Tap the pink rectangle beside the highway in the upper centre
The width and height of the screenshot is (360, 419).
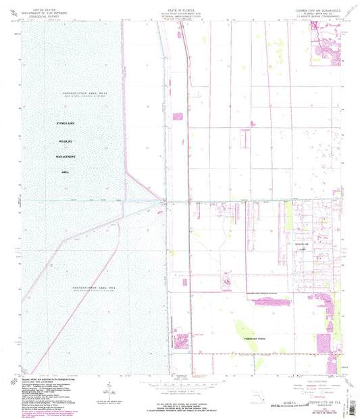[x=179, y=119]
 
